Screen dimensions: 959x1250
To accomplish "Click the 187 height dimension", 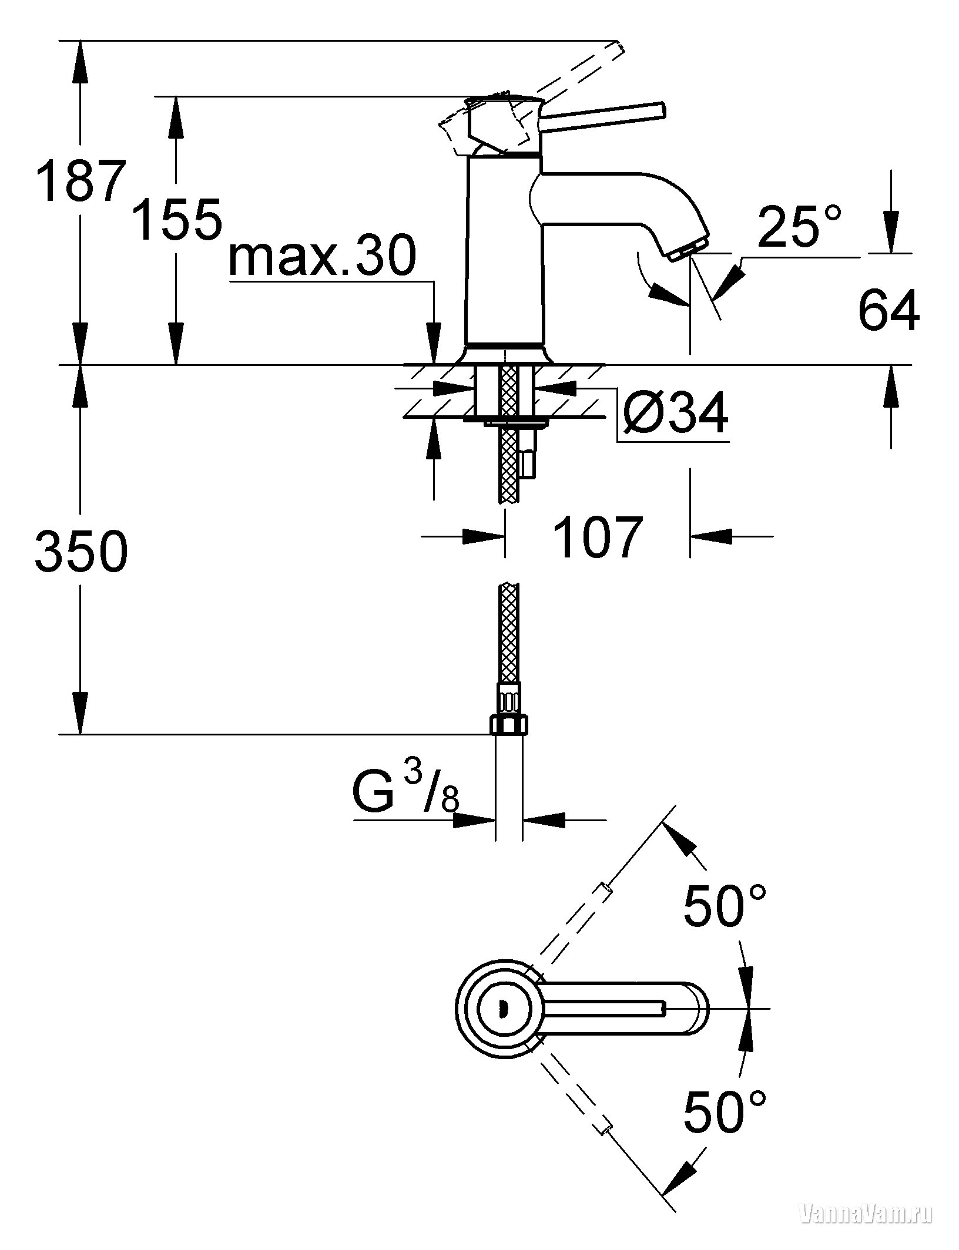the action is [81, 181].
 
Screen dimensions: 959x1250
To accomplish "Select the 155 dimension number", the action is [177, 219].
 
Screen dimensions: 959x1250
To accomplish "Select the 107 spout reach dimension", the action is [597, 537].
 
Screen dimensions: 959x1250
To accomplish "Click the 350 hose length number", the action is [81, 551].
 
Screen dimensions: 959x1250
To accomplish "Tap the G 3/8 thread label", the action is [405, 791].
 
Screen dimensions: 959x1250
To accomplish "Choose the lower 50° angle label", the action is [725, 1124].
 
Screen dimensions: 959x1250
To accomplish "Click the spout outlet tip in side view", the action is [687, 249].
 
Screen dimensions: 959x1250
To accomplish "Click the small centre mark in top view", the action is [501, 1010].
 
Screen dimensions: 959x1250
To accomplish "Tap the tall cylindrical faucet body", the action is [504, 250].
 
